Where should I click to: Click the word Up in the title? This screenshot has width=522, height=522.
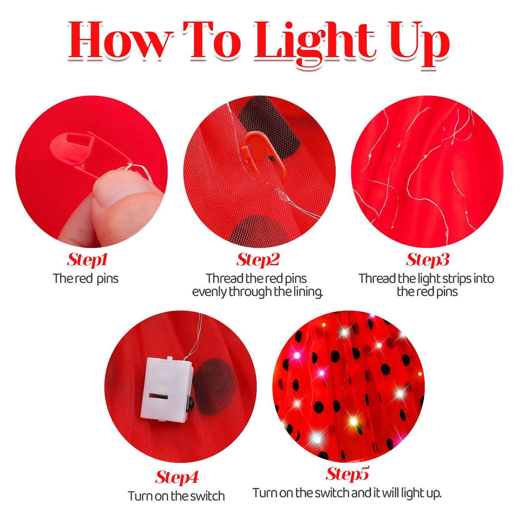tap(419, 43)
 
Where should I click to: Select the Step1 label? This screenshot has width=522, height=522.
tap(87, 260)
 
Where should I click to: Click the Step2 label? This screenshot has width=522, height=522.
tap(258, 260)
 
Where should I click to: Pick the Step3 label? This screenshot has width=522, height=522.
tap(427, 260)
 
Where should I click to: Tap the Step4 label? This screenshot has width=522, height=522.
tap(177, 477)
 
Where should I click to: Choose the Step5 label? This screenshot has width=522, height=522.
tap(347, 474)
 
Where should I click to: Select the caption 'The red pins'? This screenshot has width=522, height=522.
tap(86, 279)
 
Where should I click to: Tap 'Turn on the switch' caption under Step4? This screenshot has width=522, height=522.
tap(176, 496)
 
